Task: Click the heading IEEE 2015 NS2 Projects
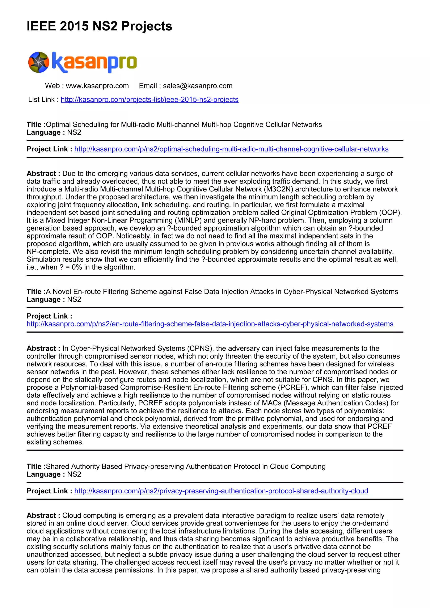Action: tap(99, 26)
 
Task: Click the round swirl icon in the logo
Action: tap(39, 62)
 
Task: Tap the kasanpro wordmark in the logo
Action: tap(94, 62)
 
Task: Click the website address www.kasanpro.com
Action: tap(97, 86)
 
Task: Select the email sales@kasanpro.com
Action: tap(198, 86)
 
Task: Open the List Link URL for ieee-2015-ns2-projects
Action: tap(150, 100)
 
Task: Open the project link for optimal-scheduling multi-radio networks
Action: tap(231, 149)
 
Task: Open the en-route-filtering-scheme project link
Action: tap(210, 324)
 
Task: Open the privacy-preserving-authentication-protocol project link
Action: tap(221, 491)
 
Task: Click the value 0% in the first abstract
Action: tap(77, 267)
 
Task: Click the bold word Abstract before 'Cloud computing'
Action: tap(41, 516)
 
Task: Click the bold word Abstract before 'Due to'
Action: tap(41, 174)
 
